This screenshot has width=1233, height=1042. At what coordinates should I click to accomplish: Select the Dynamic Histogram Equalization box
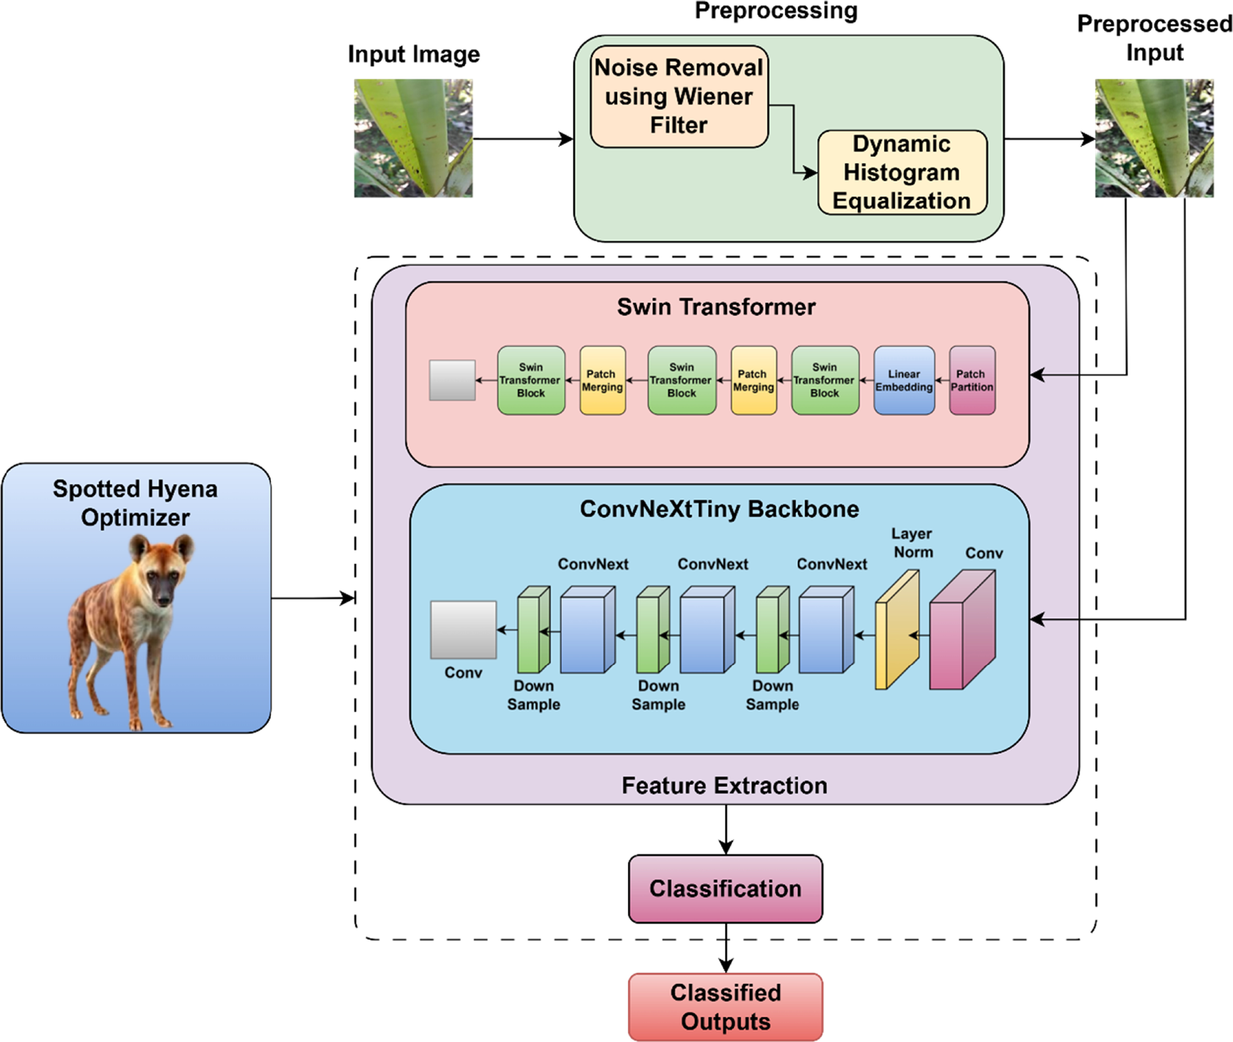(x=902, y=173)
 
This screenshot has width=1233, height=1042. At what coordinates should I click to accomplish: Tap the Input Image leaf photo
(x=413, y=138)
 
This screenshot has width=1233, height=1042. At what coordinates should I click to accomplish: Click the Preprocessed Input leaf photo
(x=1154, y=138)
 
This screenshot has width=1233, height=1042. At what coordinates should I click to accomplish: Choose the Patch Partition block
(x=972, y=380)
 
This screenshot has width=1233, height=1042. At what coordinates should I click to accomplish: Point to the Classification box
(x=725, y=888)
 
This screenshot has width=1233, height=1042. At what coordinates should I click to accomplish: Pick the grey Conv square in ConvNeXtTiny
(x=463, y=630)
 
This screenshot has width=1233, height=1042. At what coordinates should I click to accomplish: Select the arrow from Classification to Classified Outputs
(x=726, y=948)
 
